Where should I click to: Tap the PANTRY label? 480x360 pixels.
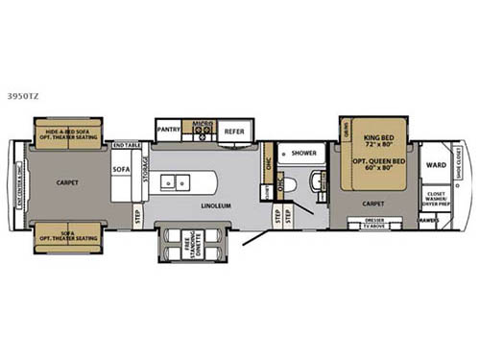tap(169, 125)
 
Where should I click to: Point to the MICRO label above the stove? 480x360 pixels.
tap(201, 124)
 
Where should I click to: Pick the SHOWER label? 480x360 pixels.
tap(304, 153)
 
